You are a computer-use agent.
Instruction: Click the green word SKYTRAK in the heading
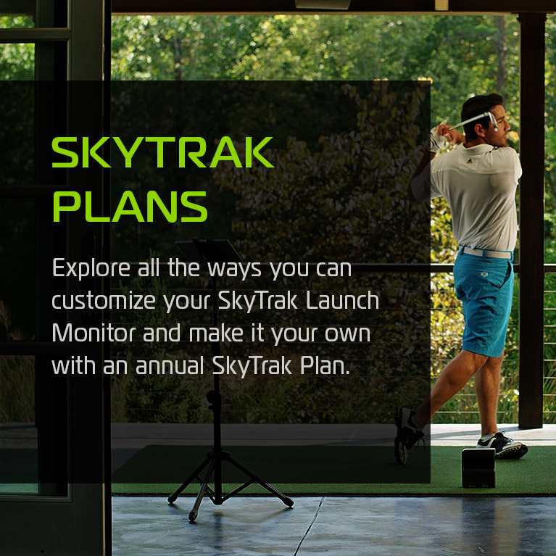(x=163, y=152)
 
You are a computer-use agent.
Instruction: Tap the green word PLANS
(x=130, y=207)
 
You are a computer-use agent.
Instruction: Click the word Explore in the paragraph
(x=91, y=269)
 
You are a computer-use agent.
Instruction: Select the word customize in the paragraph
(x=104, y=301)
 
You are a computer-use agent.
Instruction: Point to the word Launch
(x=343, y=300)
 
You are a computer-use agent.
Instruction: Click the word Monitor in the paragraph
(x=94, y=333)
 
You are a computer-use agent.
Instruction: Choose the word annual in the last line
(x=170, y=365)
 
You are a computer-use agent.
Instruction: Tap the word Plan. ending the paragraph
(x=325, y=365)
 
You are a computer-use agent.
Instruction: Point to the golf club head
(x=492, y=121)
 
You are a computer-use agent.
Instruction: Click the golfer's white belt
(x=486, y=253)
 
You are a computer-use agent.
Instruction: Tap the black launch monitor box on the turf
(x=478, y=468)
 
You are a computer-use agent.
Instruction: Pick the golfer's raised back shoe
(x=407, y=435)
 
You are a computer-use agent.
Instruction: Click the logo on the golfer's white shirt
(x=469, y=161)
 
